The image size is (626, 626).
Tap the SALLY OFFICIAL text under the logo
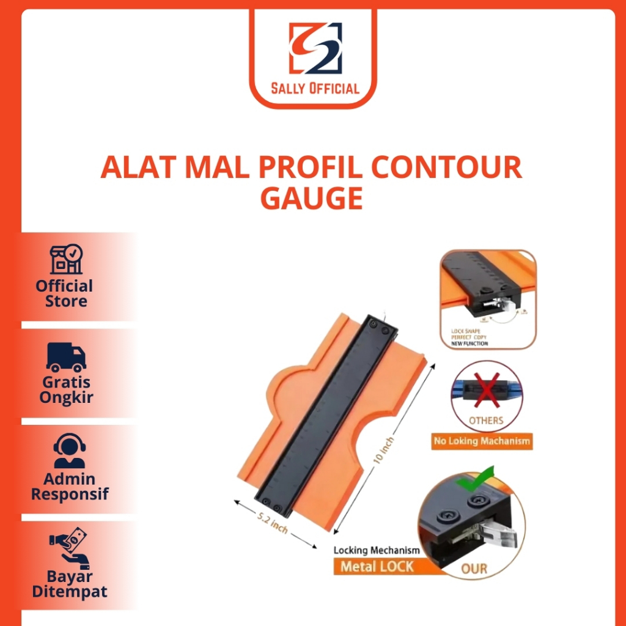(x=315, y=89)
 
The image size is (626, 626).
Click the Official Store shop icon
(x=66, y=260)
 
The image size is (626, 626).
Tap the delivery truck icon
(x=66, y=357)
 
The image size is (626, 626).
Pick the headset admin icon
(x=69, y=452)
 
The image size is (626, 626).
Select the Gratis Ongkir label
(x=66, y=390)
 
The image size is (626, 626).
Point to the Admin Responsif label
(x=69, y=487)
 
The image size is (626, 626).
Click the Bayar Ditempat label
(x=69, y=584)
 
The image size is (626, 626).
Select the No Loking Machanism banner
(x=481, y=441)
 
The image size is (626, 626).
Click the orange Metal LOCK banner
(x=377, y=567)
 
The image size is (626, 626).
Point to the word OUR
(x=474, y=569)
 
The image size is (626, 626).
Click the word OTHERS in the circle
(x=486, y=421)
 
